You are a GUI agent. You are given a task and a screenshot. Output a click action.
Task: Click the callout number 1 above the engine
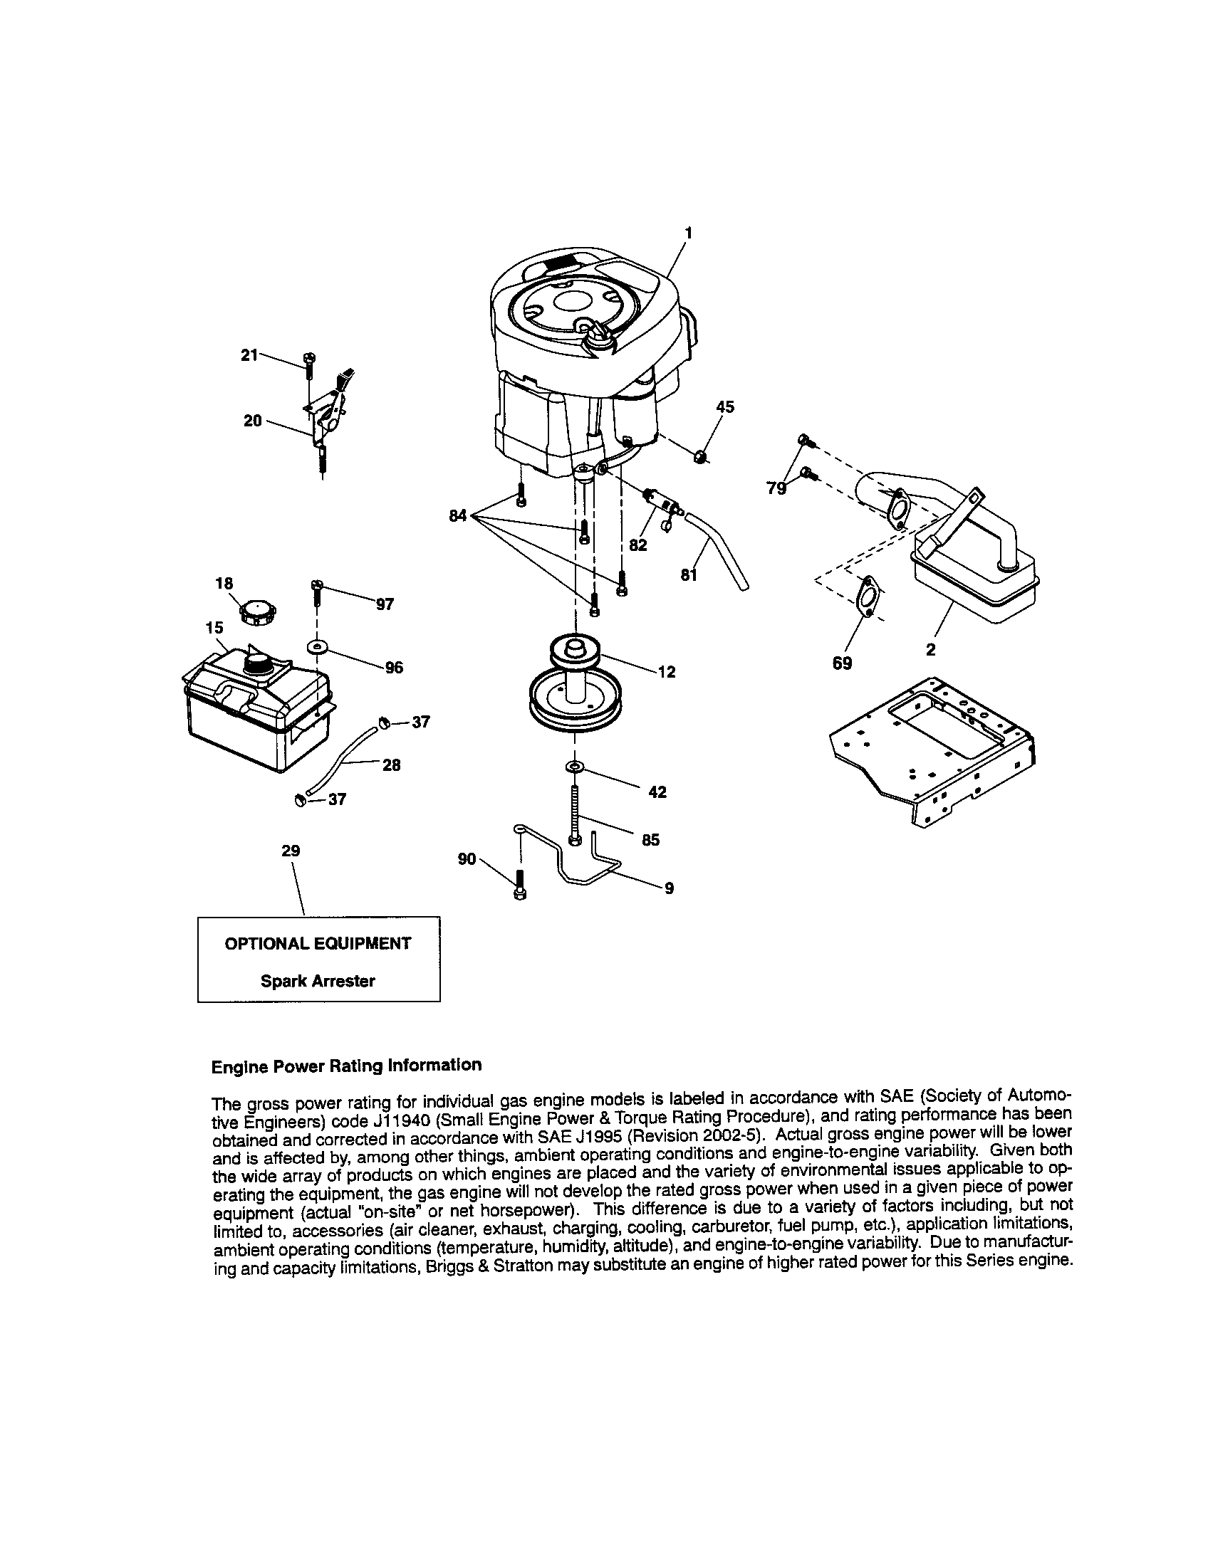(688, 233)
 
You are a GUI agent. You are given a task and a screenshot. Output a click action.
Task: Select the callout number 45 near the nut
(725, 407)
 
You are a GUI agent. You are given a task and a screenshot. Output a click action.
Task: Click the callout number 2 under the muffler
(930, 651)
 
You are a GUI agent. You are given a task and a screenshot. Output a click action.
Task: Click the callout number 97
(385, 604)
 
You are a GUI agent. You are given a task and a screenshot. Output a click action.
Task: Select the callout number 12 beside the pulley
(667, 672)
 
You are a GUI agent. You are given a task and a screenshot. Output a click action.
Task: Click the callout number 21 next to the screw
(249, 354)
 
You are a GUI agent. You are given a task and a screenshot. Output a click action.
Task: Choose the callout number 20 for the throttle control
(253, 421)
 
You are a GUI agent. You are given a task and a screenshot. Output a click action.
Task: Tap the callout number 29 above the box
(291, 851)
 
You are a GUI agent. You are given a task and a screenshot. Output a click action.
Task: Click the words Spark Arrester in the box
(318, 981)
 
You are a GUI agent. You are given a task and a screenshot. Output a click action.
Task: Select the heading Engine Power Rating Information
(346, 1066)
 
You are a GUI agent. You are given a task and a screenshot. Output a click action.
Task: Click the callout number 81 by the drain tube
(689, 574)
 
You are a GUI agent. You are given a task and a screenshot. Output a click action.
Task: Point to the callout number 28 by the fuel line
(391, 765)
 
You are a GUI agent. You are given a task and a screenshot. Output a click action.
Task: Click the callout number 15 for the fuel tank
(214, 627)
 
